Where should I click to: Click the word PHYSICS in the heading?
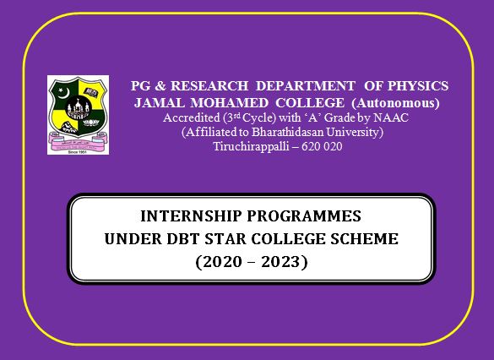(418, 85)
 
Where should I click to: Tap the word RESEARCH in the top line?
(209, 85)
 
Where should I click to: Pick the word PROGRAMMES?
(304, 216)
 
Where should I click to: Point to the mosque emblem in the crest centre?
(79, 109)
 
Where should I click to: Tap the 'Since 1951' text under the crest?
(78, 152)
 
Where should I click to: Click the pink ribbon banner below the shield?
(78, 140)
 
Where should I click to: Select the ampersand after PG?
(160, 86)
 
